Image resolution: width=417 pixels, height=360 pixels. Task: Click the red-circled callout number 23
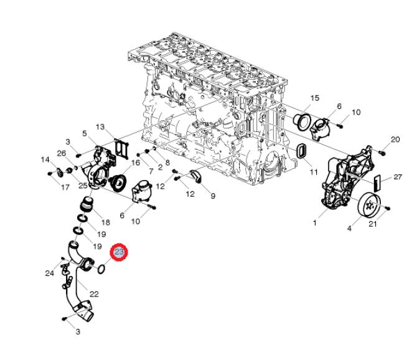click(119, 252)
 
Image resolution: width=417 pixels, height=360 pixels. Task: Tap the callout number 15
click(314, 98)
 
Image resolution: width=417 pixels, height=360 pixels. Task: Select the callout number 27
click(398, 178)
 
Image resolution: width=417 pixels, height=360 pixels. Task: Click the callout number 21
click(372, 224)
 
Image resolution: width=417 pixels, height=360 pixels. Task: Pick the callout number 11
click(314, 171)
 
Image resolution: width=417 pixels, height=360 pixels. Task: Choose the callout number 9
click(212, 196)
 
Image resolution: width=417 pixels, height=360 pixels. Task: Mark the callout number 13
click(100, 127)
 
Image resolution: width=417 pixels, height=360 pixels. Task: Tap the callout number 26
click(62, 154)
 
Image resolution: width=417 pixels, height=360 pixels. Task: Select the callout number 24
click(50, 273)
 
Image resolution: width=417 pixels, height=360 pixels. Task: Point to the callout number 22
click(94, 293)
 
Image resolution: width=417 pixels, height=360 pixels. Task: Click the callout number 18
click(105, 222)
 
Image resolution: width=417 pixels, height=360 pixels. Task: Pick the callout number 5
click(84, 133)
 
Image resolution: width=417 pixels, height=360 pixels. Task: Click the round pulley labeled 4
click(369, 206)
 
